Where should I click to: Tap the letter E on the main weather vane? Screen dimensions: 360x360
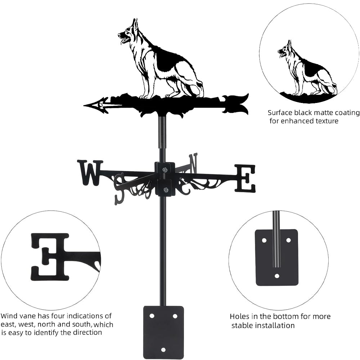tap(245, 178)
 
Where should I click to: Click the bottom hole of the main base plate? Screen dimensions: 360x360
tap(163, 349)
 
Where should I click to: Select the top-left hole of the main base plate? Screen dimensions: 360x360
tap(152, 316)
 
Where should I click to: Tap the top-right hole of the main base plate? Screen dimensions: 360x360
tap(175, 316)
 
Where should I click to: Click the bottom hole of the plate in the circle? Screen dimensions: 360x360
tap(276, 276)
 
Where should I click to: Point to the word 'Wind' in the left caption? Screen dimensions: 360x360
tap(9, 316)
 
